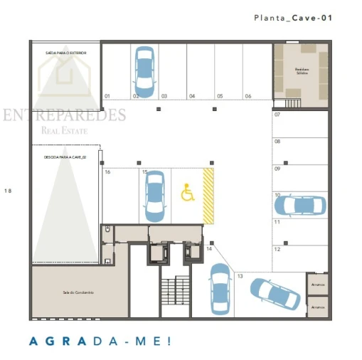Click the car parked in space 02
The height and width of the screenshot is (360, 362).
tap(144, 71)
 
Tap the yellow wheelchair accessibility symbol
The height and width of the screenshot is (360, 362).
tap(188, 192)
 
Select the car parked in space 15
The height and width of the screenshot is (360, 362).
tap(154, 196)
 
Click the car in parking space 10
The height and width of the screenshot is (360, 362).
tap(299, 206)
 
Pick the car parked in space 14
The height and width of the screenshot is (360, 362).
tap(220, 289)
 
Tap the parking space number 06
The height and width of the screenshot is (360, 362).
tap(248, 95)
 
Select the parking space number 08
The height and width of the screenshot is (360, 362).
tap(277, 142)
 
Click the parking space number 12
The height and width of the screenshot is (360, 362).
tap(277, 249)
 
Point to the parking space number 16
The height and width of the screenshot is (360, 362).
tap(107, 172)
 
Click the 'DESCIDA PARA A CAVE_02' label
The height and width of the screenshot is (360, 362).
tap(65, 157)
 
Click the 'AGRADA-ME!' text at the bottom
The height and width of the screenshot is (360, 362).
tap(100, 341)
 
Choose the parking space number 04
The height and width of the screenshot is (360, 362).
tap(192, 95)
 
